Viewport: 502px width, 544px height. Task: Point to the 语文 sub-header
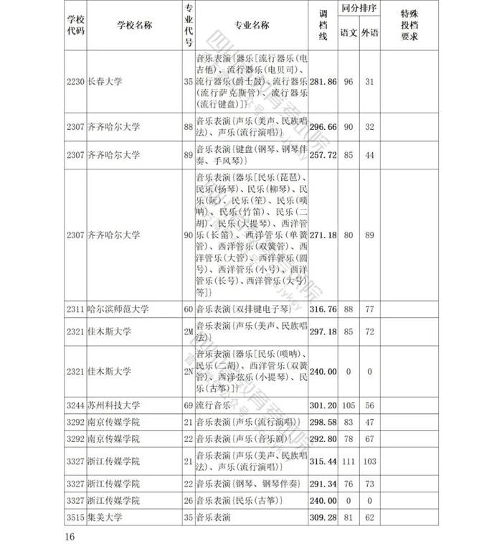(349, 33)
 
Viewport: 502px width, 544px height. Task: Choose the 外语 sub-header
(370, 33)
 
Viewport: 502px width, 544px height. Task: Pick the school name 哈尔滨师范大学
(118, 309)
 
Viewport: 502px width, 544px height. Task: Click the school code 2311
(75, 309)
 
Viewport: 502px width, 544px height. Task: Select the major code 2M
(188, 332)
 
